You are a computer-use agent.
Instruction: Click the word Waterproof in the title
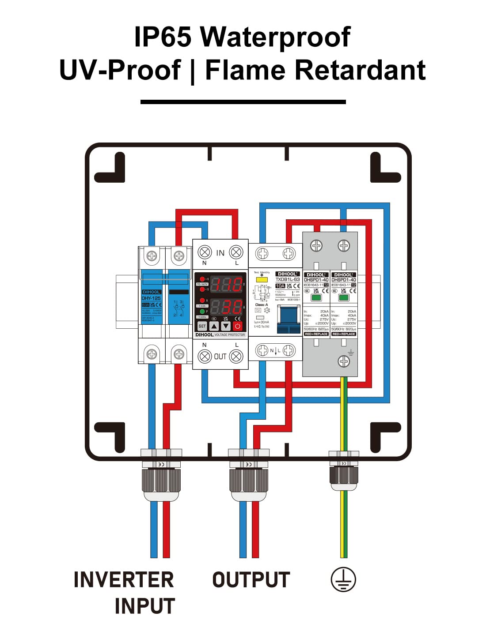coord(275,37)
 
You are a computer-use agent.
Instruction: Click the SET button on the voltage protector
coord(202,326)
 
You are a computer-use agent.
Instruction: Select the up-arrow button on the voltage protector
coord(214,326)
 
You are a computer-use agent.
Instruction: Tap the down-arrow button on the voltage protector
coord(226,326)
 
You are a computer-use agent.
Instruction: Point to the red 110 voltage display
coord(226,284)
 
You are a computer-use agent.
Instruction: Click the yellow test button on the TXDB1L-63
coord(262,279)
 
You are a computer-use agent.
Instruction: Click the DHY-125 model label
coord(151,298)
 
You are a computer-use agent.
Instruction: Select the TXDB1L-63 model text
coord(288,279)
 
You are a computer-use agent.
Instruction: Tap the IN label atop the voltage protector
coord(220,253)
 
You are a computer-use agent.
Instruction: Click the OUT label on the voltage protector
coord(220,356)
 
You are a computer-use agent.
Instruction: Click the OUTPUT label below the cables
coord(251,580)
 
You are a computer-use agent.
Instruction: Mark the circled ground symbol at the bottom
coord(343,580)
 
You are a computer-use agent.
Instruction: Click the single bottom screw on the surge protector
coord(344,361)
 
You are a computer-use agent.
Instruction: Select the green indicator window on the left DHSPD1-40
coord(316,298)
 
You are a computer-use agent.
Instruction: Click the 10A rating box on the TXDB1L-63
coord(280,286)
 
